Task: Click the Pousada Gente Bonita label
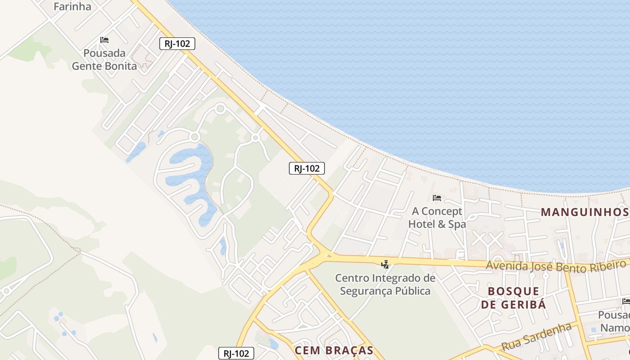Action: coord(104,59)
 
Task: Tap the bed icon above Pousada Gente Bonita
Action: coord(104,40)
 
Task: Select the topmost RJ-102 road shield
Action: coord(177,44)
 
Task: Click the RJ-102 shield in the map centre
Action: coord(306,168)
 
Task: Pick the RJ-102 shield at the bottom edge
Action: coord(236,353)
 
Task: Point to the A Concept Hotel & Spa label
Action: coord(436,217)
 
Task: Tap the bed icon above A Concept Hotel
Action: coord(436,198)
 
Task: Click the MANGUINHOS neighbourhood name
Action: coord(584,212)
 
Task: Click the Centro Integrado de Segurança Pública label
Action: coord(385,284)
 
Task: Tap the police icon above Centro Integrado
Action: coord(385,264)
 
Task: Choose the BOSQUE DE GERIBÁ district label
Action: coord(513,298)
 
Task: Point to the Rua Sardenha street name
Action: coord(536,337)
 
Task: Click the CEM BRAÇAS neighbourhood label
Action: coord(334,351)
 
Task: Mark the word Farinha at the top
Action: coord(72,6)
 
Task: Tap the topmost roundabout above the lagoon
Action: coord(220,108)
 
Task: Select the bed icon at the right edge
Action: coord(625,301)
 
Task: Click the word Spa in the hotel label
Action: coord(457,224)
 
